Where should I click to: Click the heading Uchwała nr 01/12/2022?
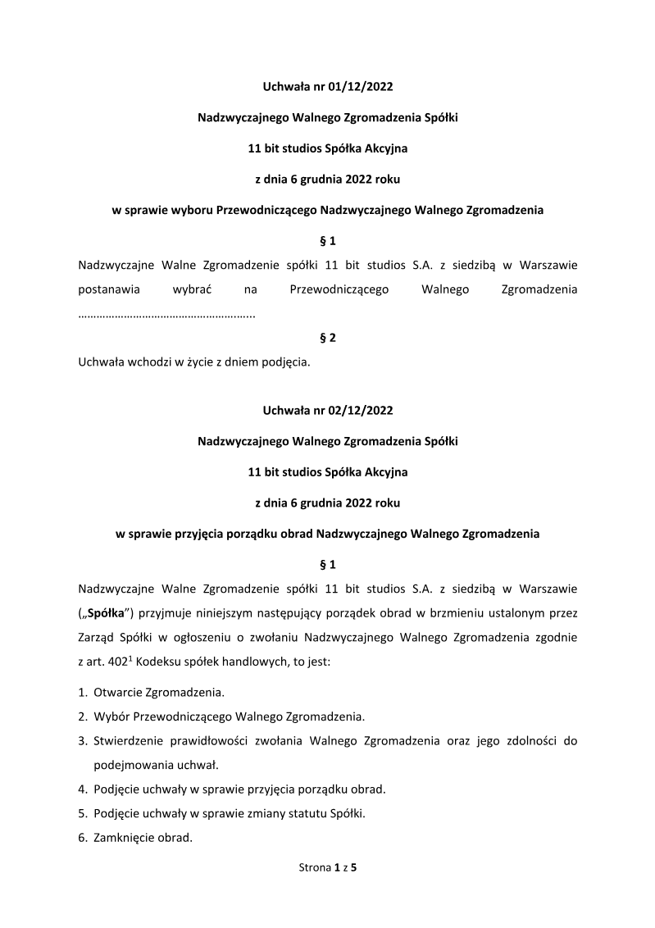coord(327,85)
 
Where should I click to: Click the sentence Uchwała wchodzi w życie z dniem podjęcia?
coord(193,362)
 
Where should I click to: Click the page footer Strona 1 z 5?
coord(327,867)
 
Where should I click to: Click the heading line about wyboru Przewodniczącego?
coord(327,210)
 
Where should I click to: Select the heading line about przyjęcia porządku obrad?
coord(327,534)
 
